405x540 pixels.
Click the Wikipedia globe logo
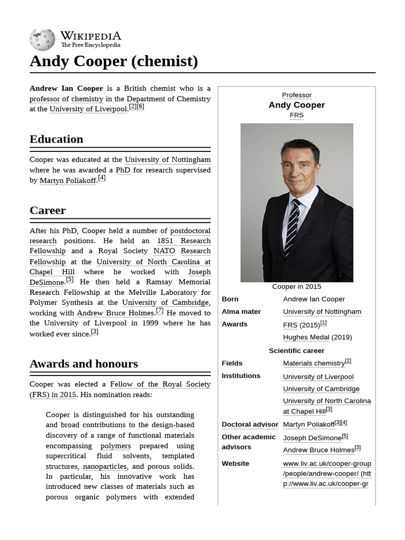pos(42,40)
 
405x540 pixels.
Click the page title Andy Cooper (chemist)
pos(114,61)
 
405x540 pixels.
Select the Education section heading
pos(56,139)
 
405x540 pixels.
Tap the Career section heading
pos(47,210)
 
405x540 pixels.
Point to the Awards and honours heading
pos(83,364)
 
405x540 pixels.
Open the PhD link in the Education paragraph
pos(123,170)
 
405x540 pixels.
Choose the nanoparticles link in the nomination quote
pos(104,466)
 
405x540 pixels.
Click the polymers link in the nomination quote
pos(115,446)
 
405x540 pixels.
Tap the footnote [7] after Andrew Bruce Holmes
pos(160,311)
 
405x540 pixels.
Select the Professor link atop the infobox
pos(296,95)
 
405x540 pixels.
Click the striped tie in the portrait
pos(292,227)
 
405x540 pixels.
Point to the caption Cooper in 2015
pos(296,286)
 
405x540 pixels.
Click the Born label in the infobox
pos(230,299)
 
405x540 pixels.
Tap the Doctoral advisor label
pos(249,425)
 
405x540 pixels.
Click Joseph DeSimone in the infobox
pos(312,438)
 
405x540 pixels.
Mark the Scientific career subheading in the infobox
pos(296,351)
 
